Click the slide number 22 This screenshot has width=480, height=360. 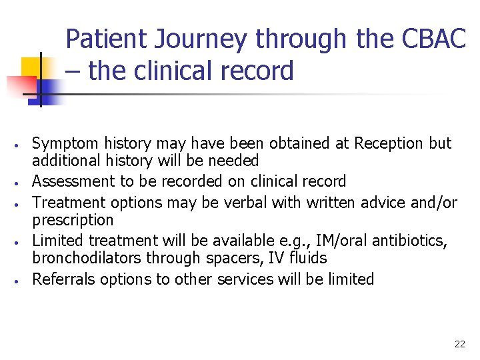(459, 344)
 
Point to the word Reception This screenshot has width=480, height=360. (389, 143)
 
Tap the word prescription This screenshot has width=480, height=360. (73, 220)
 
